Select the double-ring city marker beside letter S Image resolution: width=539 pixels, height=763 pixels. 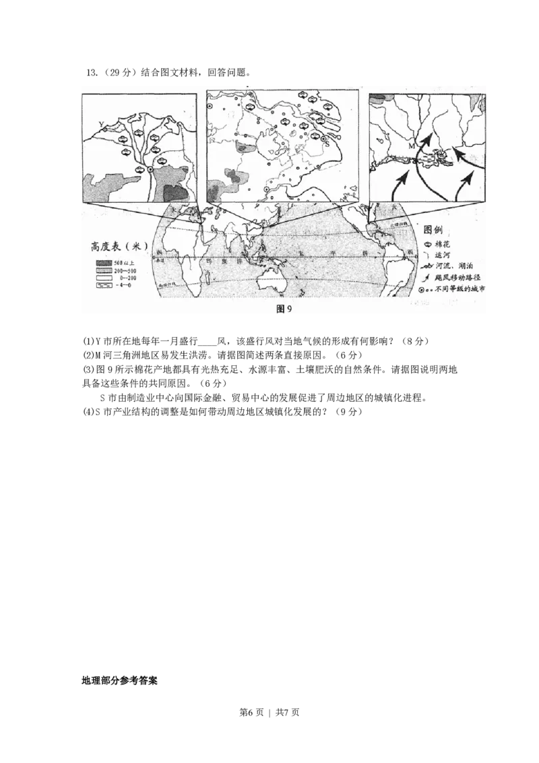point(323,138)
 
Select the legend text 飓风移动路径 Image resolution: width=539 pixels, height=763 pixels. point(458,277)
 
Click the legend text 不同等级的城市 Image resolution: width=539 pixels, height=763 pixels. point(461,288)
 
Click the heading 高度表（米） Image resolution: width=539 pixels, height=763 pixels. point(124,246)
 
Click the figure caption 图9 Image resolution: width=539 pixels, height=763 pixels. point(284,309)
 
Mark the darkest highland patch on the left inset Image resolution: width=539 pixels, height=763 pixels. point(175,193)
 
